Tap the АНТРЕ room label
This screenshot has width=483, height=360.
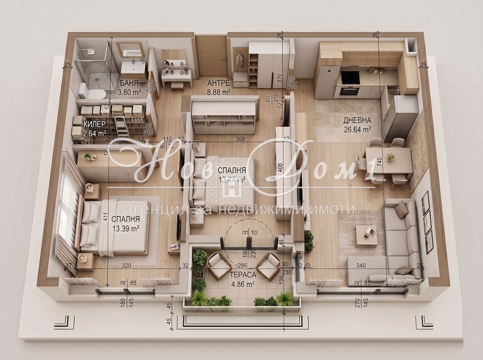point(218,83)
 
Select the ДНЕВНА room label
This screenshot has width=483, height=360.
point(357,120)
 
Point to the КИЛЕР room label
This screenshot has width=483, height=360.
point(95,124)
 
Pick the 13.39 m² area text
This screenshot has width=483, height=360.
point(126,228)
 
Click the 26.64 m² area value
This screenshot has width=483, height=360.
point(357,129)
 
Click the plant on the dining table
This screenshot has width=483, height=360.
point(390,157)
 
